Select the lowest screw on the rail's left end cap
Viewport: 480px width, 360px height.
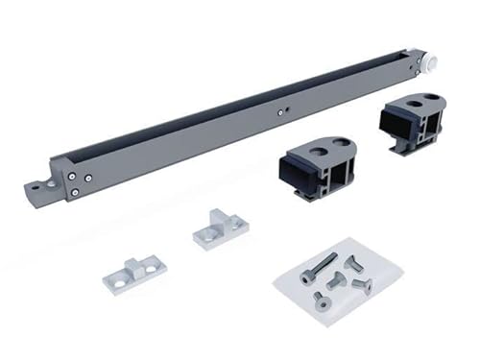point(75,192)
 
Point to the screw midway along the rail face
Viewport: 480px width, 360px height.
point(280,111)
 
